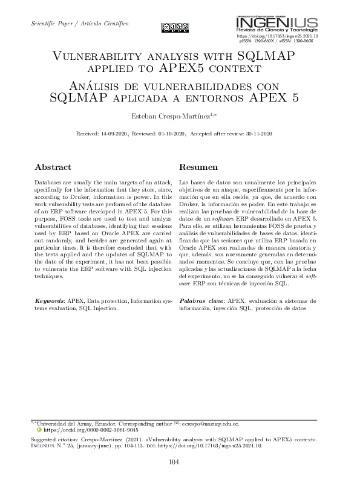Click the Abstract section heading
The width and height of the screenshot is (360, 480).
click(x=53, y=167)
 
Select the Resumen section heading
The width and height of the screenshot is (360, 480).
click(x=197, y=167)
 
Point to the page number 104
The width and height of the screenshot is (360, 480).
click(x=180, y=462)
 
